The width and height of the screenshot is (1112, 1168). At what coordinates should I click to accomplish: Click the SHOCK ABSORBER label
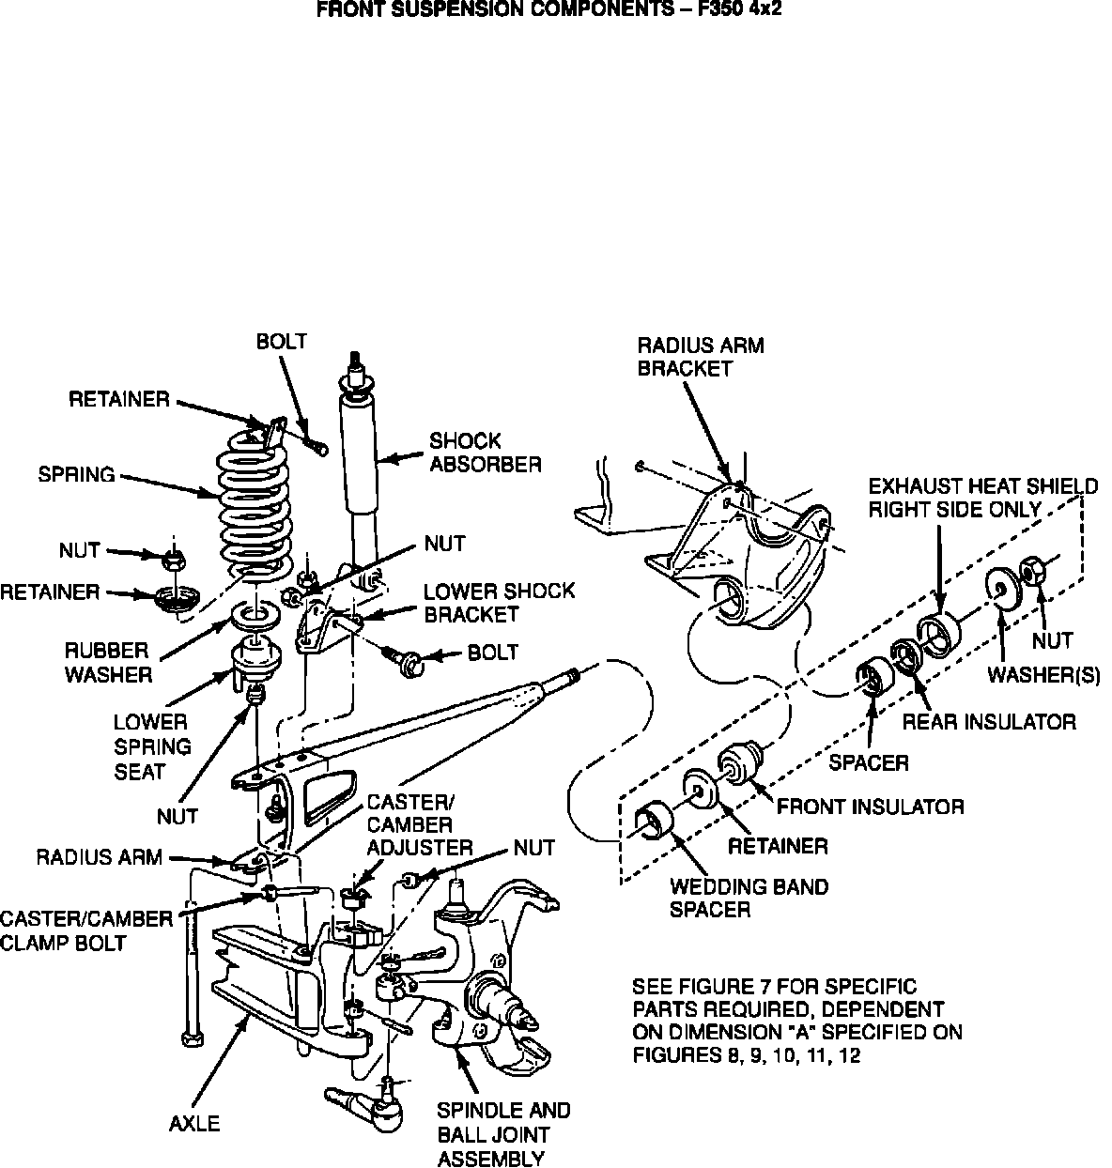click(x=485, y=452)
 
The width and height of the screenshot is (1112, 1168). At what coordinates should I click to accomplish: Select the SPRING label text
click(x=76, y=474)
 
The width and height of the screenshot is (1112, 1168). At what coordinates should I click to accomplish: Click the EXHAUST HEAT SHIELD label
click(x=982, y=498)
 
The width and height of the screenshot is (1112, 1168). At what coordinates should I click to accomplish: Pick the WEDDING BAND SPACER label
click(x=749, y=898)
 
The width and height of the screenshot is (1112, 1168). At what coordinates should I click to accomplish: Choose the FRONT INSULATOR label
click(x=870, y=806)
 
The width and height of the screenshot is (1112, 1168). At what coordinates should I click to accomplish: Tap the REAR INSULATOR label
click(x=988, y=721)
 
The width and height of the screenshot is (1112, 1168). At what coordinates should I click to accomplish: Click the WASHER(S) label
click(x=1042, y=676)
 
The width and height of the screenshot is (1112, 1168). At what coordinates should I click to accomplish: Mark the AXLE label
click(x=194, y=1123)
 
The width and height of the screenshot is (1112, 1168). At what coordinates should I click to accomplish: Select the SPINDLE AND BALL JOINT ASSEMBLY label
click(x=503, y=1134)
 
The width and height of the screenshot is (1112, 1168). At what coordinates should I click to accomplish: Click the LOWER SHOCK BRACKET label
click(x=499, y=603)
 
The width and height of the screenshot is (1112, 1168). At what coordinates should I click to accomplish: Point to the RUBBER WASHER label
click(x=108, y=662)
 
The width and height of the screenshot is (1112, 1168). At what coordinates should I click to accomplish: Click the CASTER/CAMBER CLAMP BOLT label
click(x=86, y=930)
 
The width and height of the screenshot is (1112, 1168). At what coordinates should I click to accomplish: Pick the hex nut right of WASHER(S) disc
click(x=1032, y=569)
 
